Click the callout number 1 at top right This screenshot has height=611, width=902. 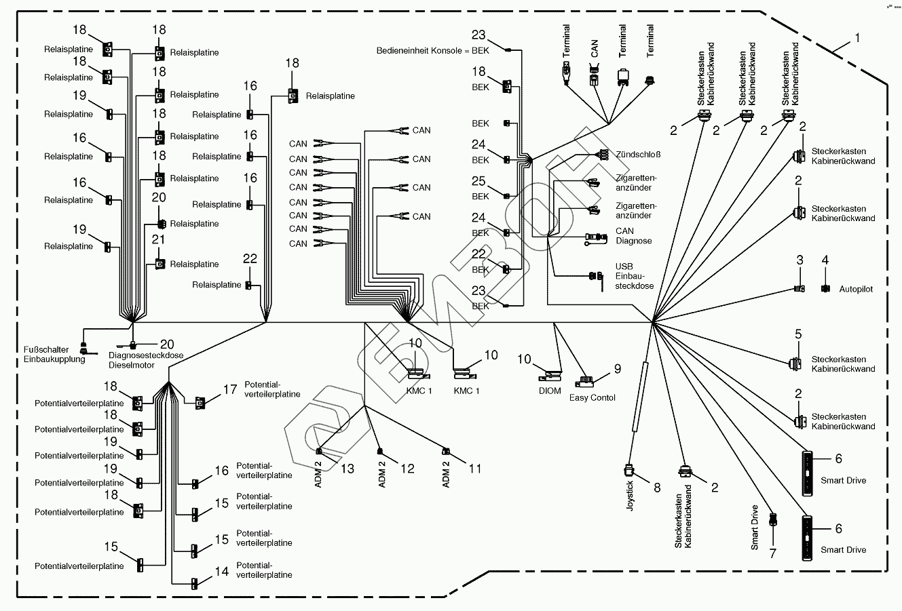857,39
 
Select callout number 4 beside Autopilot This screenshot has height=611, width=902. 825,260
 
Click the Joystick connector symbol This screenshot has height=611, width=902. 629,469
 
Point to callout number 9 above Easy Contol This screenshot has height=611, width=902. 618,369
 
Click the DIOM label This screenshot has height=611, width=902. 550,391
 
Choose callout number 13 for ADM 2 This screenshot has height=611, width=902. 348,469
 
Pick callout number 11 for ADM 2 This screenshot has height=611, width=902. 474,469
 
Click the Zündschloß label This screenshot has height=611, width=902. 638,155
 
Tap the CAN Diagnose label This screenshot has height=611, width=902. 633,236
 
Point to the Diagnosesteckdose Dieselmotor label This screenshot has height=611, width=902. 136,360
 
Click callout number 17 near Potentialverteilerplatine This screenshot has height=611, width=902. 230,390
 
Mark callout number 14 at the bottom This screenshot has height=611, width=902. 222,572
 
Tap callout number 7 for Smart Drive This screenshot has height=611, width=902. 772,553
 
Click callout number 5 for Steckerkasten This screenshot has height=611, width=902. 799,334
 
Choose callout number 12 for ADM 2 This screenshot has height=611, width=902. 407,469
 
